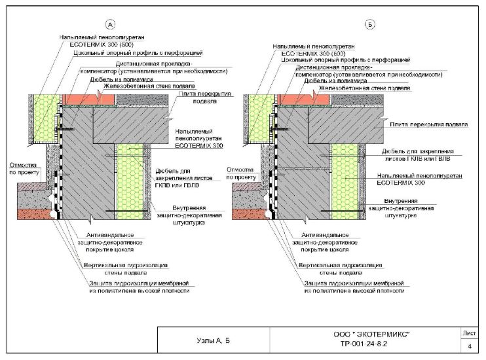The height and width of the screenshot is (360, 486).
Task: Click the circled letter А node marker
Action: (x=111, y=25)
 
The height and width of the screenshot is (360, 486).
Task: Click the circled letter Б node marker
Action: (x=370, y=25)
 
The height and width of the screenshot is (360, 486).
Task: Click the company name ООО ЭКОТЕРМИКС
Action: (x=371, y=334)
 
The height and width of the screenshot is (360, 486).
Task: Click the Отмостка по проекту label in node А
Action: (x=24, y=171)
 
